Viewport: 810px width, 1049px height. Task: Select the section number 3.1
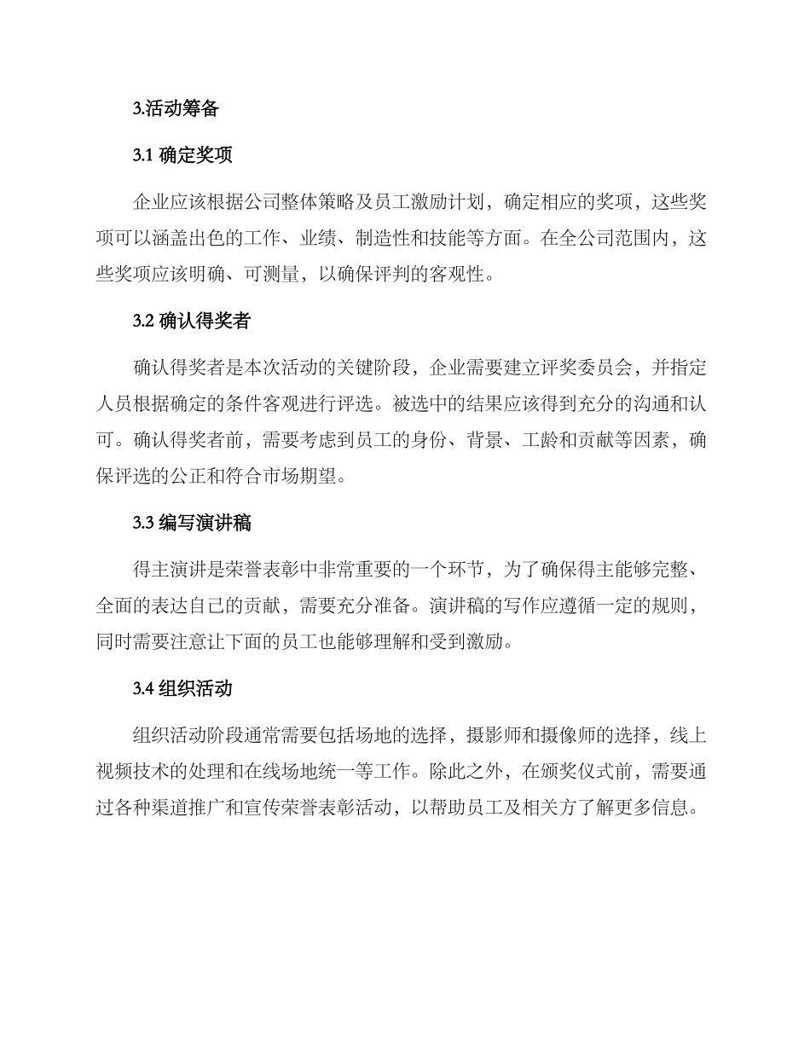click(x=142, y=155)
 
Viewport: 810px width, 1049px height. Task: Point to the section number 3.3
click(x=142, y=524)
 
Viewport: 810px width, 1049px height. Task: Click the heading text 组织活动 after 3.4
click(x=195, y=689)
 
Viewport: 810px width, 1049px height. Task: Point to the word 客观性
click(x=465, y=275)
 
